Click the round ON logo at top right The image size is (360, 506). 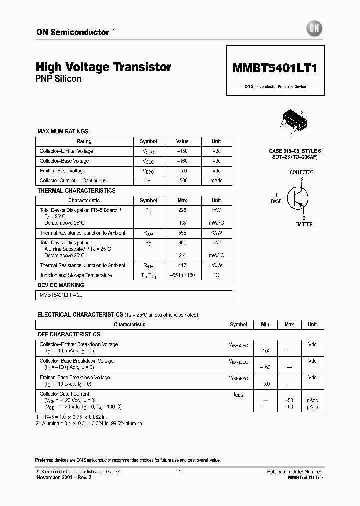click(x=316, y=29)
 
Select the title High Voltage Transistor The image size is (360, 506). click(x=104, y=67)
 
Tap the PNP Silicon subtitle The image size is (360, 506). click(x=59, y=79)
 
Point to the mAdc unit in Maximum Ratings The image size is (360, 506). click(x=216, y=181)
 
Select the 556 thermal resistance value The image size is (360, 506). click(x=182, y=233)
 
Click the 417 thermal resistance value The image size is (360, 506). click(x=182, y=265)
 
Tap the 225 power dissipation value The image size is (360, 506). click(x=182, y=210)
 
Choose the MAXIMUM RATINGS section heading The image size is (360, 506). click(x=63, y=131)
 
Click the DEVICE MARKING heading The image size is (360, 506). click(x=61, y=285)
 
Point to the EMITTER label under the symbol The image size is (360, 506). click(x=304, y=224)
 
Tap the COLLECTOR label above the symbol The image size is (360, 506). click(x=302, y=172)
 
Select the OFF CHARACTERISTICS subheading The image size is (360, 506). click(x=69, y=334)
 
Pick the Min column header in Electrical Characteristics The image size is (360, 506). click(x=265, y=324)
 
